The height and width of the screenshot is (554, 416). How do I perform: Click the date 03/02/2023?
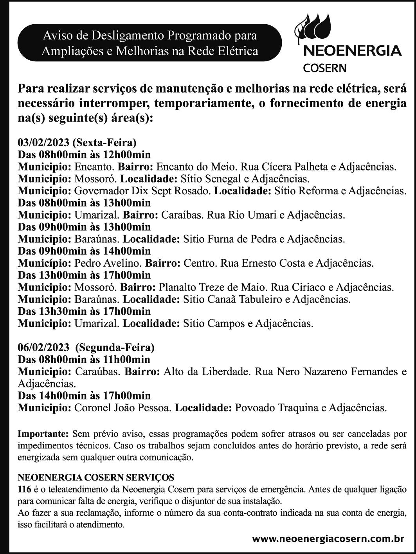click(43, 142)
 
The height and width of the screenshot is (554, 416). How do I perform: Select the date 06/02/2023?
click(43, 347)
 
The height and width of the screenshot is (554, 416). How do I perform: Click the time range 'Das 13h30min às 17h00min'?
click(84, 312)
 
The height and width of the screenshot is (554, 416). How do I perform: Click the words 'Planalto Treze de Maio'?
click(212, 287)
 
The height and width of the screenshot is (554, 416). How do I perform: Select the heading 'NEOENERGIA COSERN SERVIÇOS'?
click(96, 477)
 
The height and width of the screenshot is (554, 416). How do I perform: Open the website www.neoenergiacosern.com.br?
click(328, 538)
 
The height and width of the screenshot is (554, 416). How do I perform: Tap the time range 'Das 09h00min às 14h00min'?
click(84, 251)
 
